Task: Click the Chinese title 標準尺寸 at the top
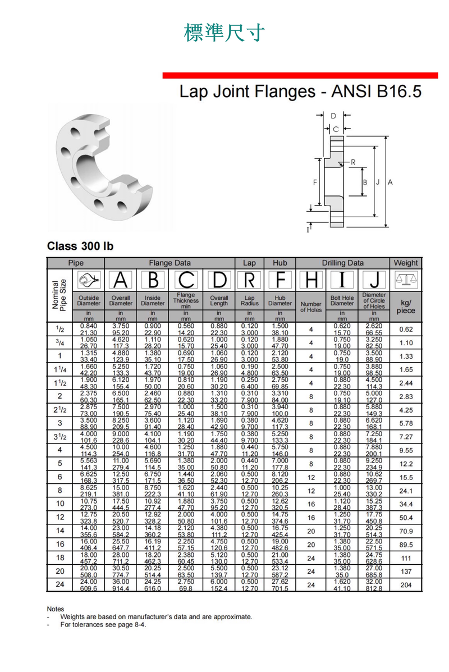(x=224, y=33)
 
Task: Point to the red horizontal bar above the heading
(x=300, y=75)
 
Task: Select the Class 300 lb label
(x=80, y=246)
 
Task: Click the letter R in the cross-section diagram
(x=353, y=162)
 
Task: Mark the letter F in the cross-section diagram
(x=315, y=182)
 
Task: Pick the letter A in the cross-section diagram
(x=390, y=182)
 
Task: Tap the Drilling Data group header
(x=342, y=263)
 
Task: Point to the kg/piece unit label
(x=406, y=307)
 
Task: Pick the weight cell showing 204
(x=406, y=585)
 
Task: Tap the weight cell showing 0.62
(x=406, y=330)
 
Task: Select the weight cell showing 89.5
(x=406, y=545)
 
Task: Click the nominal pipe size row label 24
(x=59, y=585)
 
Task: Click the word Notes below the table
(x=56, y=609)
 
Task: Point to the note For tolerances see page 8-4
(x=103, y=624)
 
